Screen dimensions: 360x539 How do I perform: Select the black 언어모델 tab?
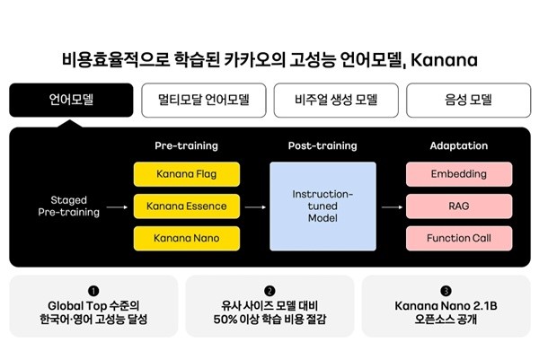(x=70, y=101)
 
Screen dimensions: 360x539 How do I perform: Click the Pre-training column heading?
(x=187, y=145)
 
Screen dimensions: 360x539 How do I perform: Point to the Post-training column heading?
(x=323, y=145)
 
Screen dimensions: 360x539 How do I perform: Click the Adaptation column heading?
(x=459, y=145)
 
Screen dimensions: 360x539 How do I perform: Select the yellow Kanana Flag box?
(x=187, y=174)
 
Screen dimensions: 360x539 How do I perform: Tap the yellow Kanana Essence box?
(x=187, y=206)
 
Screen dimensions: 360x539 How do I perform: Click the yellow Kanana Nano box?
(x=187, y=238)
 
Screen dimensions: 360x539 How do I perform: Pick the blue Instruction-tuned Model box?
(x=323, y=206)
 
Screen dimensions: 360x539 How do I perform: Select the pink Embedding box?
(x=459, y=174)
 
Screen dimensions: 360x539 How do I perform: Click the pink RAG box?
(x=459, y=206)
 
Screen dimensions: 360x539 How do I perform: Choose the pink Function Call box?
(x=459, y=238)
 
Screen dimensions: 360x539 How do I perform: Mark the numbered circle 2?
(x=269, y=291)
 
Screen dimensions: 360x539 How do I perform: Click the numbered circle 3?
(x=446, y=291)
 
